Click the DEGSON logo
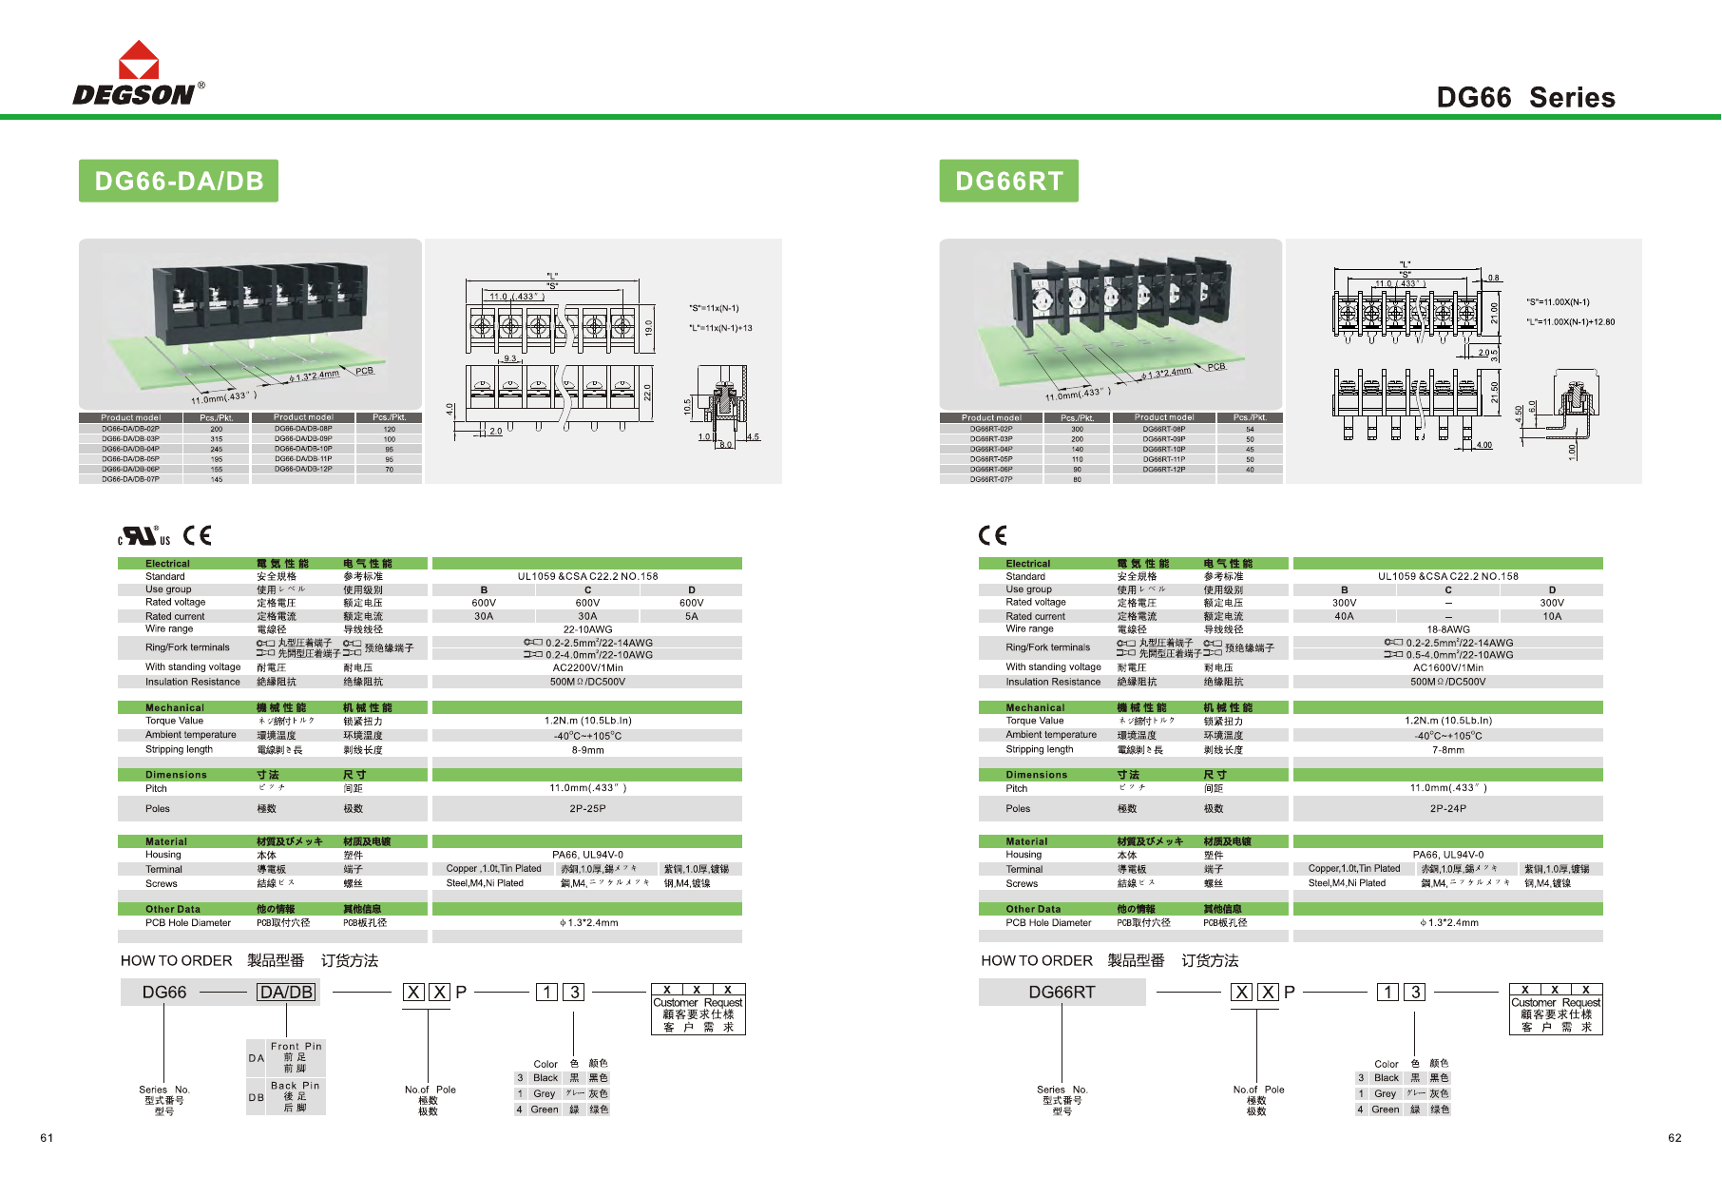point(138,74)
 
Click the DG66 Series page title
point(1525,97)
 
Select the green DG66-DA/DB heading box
point(179,181)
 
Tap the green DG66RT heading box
point(1008,181)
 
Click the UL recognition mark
point(144,536)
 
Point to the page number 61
point(47,1138)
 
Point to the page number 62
point(1674,1138)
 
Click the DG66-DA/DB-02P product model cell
point(131,429)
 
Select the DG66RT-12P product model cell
point(1163,469)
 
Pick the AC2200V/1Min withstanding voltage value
point(587,667)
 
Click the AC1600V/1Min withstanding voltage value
point(1447,667)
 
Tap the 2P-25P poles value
point(587,809)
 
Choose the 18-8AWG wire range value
point(1447,629)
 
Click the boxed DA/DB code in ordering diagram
point(286,993)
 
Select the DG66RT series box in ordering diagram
point(1062,993)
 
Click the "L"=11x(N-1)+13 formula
point(720,328)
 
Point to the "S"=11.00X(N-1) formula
point(1558,302)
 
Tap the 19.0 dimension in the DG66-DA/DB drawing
point(649,327)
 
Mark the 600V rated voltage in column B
point(484,603)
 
